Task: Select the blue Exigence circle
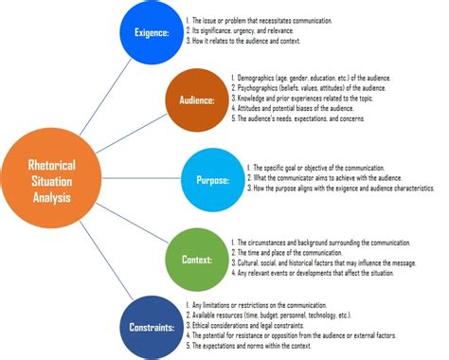tap(151, 32)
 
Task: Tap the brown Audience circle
tap(196, 98)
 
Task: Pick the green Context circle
tap(196, 257)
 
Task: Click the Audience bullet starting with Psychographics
tap(316, 86)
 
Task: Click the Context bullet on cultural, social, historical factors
tap(332, 262)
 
